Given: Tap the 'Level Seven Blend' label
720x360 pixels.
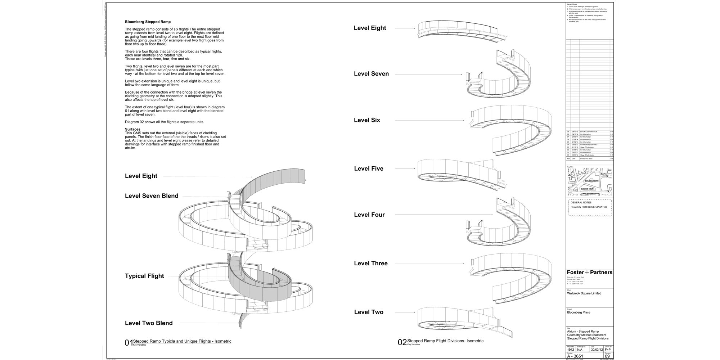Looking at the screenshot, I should coord(152,196).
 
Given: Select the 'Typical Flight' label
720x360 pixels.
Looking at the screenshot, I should coord(144,276).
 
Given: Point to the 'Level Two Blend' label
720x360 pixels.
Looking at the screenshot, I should coord(149,323).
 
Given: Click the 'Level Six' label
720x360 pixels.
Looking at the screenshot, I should coord(367,120).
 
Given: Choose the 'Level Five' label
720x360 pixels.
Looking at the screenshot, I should coord(369,168).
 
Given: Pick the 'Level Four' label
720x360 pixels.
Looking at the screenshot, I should coord(369,215).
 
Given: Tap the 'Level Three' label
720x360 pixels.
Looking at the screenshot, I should coord(371,264).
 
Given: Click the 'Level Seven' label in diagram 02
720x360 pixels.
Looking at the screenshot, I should coord(371,74).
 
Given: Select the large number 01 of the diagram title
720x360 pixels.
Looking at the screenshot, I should coord(129,343).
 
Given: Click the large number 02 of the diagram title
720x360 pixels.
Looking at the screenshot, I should coord(402,342).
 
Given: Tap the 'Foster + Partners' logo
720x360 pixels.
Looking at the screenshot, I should coord(589,273).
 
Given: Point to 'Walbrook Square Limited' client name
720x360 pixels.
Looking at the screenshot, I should coord(584,293).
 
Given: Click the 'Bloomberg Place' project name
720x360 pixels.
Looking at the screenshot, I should coord(579,312).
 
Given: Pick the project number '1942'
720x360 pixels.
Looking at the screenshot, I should coord(571,350).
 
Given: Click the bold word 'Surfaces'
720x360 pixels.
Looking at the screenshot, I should coord(132,129).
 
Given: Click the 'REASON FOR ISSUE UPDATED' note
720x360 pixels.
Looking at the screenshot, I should coord(589,207).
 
